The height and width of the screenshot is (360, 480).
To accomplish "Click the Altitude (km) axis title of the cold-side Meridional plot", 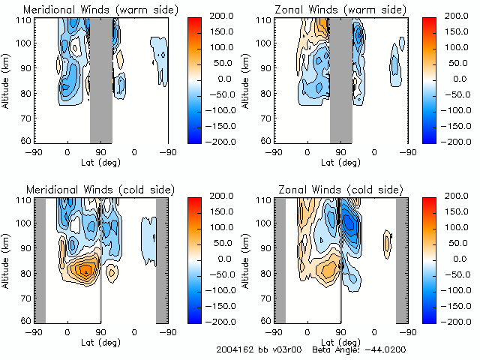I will (x=7, y=258).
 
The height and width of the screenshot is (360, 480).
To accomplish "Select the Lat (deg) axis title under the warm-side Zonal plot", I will (x=341, y=161).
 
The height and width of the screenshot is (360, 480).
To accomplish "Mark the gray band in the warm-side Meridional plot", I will (x=101, y=79).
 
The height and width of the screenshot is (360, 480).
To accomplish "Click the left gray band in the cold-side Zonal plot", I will (x=280, y=259).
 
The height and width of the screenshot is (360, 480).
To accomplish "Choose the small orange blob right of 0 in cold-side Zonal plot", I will (x=388, y=242).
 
